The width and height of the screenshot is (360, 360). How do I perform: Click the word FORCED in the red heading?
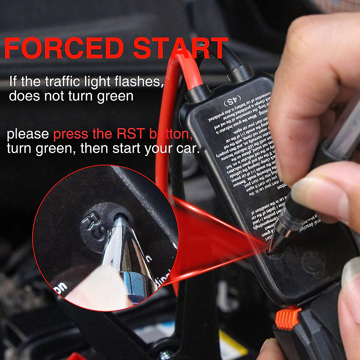coord(64,48)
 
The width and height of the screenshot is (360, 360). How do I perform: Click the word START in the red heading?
coord(180,48)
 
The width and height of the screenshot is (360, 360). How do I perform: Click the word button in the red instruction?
coord(171,134)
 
